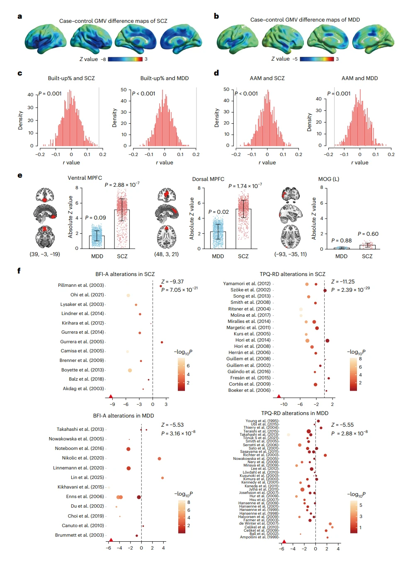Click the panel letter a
click(19, 17)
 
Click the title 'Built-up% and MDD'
click(164, 78)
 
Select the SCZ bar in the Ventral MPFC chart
click(122, 229)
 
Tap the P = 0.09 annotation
click(95, 217)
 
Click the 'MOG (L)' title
click(328, 179)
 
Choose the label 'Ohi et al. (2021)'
click(87, 295)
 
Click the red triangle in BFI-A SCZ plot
click(111, 397)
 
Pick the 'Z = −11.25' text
click(343, 281)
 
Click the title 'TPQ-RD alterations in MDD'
click(294, 413)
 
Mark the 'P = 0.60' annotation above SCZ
click(368, 234)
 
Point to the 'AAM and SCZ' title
click(267, 78)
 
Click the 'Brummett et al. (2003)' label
click(80, 535)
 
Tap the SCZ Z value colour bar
click(125, 59)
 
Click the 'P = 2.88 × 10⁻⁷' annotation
click(122, 185)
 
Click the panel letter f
click(19, 271)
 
